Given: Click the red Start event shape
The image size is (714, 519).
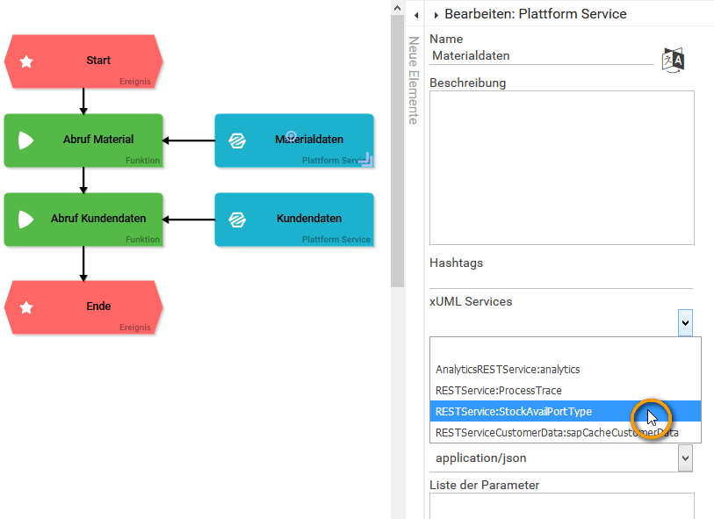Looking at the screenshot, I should (83, 61).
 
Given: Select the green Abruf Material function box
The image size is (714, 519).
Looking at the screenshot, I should (83, 140).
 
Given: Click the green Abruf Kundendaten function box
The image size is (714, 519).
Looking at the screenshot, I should (83, 219).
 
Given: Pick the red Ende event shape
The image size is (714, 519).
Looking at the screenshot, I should (83, 306).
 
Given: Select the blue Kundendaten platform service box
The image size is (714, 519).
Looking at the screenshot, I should (294, 219).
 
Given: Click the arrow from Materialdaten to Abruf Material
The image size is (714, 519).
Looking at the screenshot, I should (189, 140).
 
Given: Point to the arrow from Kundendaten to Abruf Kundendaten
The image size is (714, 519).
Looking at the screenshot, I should (189, 219).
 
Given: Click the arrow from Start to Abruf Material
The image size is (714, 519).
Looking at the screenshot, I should (83, 100).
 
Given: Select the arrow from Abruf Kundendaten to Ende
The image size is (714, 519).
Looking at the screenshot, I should (83, 263).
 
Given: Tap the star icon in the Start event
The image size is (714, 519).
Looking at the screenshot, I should (27, 61).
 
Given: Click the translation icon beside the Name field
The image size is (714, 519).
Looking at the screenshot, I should (673, 59).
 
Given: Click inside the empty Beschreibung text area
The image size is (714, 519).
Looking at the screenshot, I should (561, 167).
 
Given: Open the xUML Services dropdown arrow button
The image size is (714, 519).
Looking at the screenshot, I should (685, 323).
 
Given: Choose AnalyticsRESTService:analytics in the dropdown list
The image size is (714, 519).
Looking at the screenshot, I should (508, 370).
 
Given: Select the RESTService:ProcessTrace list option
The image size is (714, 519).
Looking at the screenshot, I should (499, 391).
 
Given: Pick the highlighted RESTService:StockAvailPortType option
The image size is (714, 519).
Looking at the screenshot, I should (514, 412).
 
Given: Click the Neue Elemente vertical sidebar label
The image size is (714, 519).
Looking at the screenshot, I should (413, 81).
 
